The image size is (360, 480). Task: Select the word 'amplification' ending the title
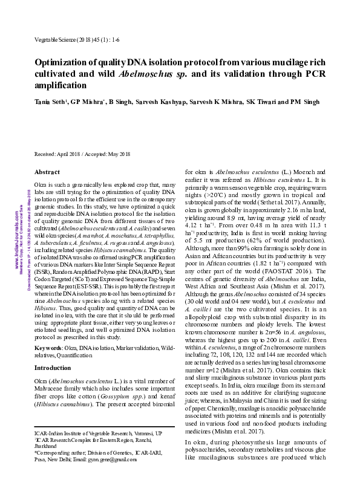[x=61, y=85]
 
